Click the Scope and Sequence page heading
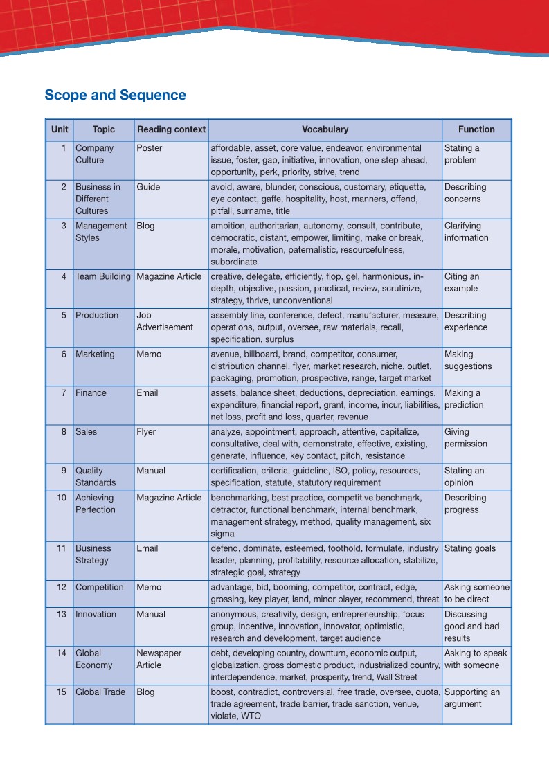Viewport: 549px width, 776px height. tap(115, 96)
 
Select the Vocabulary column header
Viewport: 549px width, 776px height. tap(325, 129)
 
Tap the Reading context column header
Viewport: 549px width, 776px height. tap(171, 129)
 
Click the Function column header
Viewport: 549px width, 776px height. tap(476, 129)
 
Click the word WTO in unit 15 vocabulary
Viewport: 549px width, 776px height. tap(251, 716)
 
